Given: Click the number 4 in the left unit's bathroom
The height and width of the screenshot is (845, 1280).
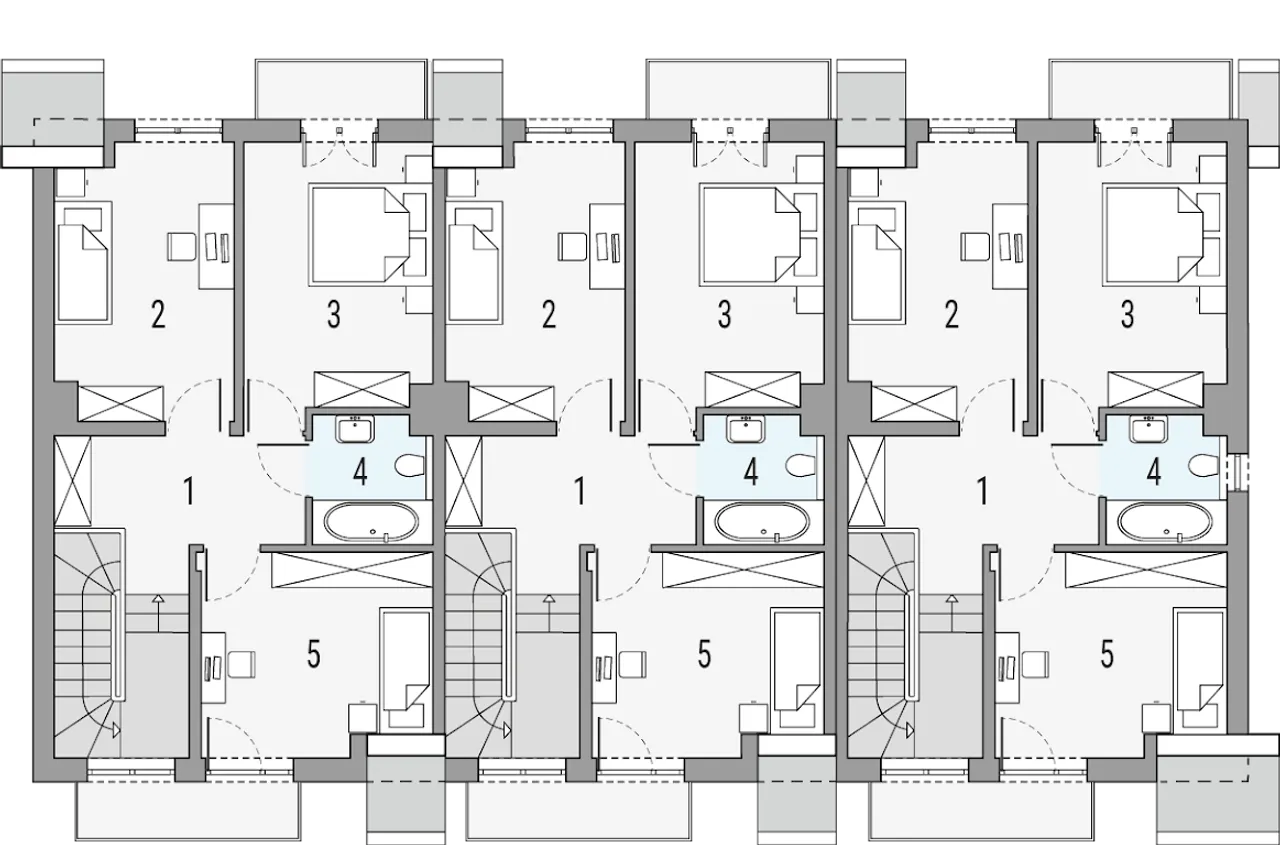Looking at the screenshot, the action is click(360, 472).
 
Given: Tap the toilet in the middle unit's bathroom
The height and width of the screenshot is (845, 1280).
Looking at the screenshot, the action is click(801, 466).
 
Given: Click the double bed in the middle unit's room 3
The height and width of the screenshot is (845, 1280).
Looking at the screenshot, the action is click(749, 234).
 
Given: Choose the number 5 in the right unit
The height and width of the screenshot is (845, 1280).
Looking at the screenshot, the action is click(1107, 654).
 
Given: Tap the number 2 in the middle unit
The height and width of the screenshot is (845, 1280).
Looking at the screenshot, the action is click(549, 314).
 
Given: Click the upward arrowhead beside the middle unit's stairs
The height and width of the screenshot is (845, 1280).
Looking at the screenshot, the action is click(549, 599).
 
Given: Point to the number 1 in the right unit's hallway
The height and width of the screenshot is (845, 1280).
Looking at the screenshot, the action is click(982, 491).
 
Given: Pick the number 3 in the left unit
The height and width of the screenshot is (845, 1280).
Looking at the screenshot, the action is click(333, 314).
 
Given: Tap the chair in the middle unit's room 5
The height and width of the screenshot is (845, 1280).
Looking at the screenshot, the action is click(633, 665).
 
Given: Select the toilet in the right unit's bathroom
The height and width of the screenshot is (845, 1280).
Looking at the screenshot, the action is click(1203, 466).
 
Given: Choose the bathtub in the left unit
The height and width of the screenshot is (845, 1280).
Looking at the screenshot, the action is click(371, 522).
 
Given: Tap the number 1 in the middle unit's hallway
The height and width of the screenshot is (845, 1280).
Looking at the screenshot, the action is click(580, 491).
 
